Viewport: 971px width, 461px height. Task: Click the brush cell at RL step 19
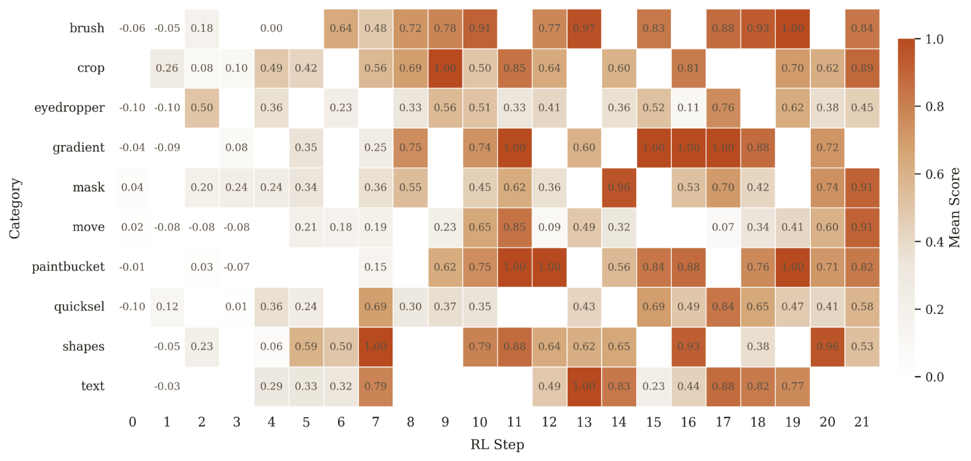(792, 29)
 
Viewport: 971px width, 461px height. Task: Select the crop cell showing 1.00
(445, 68)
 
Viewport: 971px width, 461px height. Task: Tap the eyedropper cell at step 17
(723, 108)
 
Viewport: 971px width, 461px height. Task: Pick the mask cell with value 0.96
(619, 188)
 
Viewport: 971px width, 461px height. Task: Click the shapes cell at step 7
(375, 347)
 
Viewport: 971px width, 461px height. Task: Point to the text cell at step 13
(584, 387)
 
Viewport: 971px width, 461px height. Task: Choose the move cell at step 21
(862, 227)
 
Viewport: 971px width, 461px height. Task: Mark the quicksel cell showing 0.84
(723, 307)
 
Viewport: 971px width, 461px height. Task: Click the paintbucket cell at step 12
(549, 267)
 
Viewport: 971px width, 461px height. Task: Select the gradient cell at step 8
(410, 148)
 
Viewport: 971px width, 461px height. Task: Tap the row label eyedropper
(69, 108)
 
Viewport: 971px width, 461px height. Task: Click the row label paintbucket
(68, 267)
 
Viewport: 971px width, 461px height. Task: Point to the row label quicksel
(79, 307)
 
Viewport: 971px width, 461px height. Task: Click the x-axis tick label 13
(584, 422)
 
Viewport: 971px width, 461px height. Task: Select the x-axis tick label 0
(132, 422)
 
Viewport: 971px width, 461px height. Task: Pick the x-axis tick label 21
(862, 422)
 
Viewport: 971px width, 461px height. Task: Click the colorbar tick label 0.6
(934, 174)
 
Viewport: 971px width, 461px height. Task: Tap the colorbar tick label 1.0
(934, 39)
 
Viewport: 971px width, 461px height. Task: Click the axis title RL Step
(497, 445)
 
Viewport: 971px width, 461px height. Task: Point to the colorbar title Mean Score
(954, 208)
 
